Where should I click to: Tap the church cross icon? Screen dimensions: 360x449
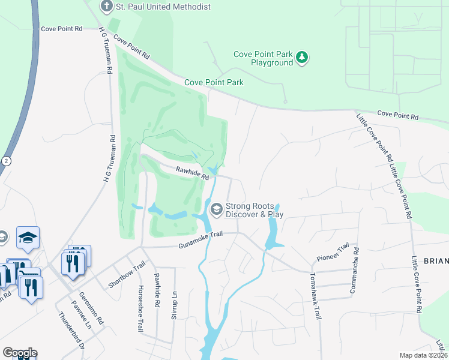tap(106, 6)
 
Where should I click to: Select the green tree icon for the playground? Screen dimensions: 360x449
tap(303, 58)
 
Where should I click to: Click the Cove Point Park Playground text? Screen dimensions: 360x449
tap(263, 58)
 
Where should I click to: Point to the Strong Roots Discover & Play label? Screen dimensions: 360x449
tap(254, 209)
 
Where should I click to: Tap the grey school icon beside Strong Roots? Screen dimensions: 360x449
tap(215, 209)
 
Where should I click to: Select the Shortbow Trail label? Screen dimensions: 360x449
tap(127, 275)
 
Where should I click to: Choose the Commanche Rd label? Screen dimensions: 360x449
tap(354, 271)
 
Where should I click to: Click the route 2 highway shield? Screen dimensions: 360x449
tap(6, 161)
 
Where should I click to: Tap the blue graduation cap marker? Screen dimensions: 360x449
tap(28, 238)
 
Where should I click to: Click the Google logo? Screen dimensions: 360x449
tap(20, 353)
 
